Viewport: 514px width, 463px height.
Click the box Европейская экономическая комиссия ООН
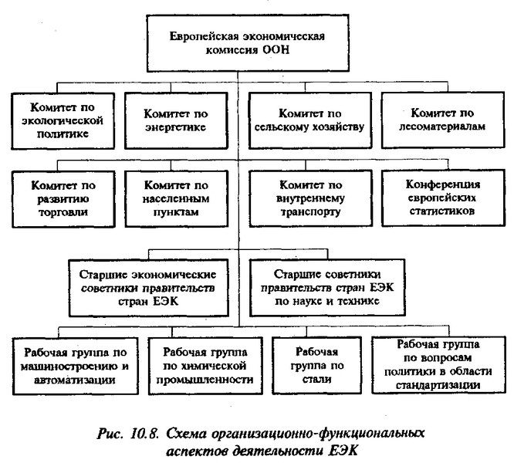coord(248,43)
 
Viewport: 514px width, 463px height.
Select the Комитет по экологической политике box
coord(63,121)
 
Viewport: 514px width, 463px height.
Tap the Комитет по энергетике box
coord(176,120)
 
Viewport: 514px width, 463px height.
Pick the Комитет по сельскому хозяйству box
coord(309,120)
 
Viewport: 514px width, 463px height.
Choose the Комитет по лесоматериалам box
coord(443,120)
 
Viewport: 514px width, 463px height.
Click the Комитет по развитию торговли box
coord(63,199)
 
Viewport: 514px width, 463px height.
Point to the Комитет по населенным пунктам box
coord(177,198)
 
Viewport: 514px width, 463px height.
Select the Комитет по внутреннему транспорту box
coord(310,198)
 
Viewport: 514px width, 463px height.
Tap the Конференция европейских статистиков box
coord(443,198)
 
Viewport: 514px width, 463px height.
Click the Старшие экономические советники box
coord(148,288)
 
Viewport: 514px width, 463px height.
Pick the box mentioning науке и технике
coord(327,288)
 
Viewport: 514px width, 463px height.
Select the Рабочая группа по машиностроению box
coord(75,366)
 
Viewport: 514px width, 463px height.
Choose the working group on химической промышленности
coord(205,366)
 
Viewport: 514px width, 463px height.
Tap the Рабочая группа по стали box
coord(316,365)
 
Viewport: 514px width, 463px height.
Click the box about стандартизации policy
coord(438,365)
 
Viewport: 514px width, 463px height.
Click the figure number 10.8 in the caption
coord(144,434)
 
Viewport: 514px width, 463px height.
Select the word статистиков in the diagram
coord(442,211)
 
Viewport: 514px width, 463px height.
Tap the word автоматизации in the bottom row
coord(75,380)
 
